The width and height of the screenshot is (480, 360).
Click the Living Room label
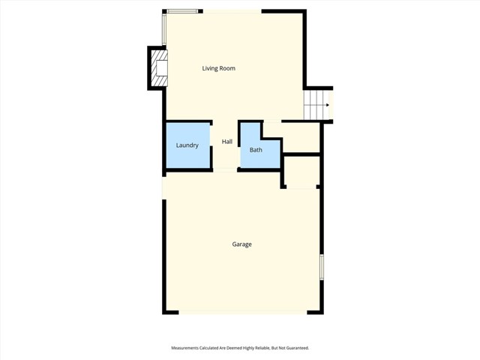click(x=218, y=68)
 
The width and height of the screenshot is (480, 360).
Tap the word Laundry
click(x=187, y=145)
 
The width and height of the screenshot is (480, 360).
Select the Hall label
click(x=226, y=141)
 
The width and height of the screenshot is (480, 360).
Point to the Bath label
click(x=256, y=150)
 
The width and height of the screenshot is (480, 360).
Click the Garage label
click(x=241, y=244)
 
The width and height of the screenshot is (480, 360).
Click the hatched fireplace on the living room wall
click(x=157, y=68)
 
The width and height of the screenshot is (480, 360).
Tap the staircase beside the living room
click(x=316, y=104)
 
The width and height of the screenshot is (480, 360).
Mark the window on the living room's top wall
click(x=183, y=11)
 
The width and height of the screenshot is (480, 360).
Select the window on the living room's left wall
click(x=164, y=31)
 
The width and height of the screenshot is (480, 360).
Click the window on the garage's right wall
click(x=322, y=268)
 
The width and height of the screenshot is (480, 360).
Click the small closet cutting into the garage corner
click(x=301, y=172)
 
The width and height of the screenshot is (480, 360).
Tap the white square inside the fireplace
click(x=160, y=68)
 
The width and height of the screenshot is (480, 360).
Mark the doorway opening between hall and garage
click(x=226, y=171)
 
